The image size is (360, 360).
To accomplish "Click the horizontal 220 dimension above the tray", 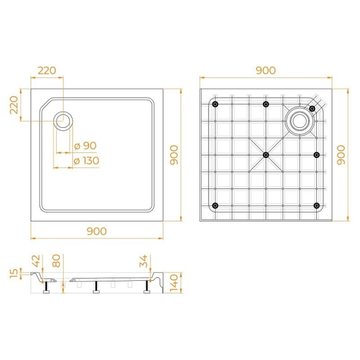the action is [47, 71].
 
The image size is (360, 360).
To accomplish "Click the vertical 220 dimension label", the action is [14, 105].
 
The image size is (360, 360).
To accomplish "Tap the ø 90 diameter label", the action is [85, 145].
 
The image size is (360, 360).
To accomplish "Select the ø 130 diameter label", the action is [86, 161].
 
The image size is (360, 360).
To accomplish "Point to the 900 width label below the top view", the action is [97, 231].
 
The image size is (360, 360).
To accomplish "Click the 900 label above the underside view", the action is [265, 71].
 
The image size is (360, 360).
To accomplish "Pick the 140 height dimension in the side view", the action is [174, 283].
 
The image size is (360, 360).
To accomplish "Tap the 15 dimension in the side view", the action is [14, 273].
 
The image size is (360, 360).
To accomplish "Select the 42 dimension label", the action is [36, 261].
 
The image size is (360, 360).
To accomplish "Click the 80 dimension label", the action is [56, 261].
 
